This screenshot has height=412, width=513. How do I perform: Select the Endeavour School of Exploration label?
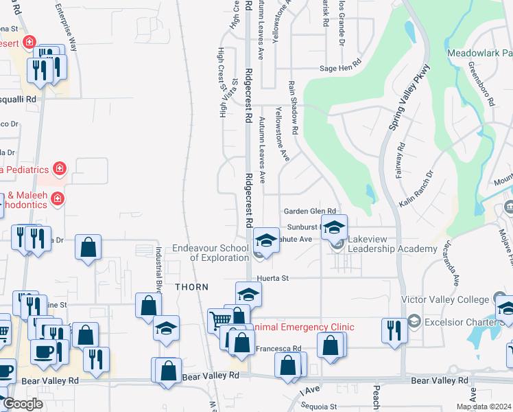coord(210,253)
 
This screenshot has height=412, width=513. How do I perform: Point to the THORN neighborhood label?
coord(191,286)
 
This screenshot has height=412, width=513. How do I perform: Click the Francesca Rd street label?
coord(278,349)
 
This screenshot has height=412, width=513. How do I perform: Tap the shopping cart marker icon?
coord(220,319)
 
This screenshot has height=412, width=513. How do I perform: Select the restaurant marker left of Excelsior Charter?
coord(394,329)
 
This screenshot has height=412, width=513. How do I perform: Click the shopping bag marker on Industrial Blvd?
coord(148,305)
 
